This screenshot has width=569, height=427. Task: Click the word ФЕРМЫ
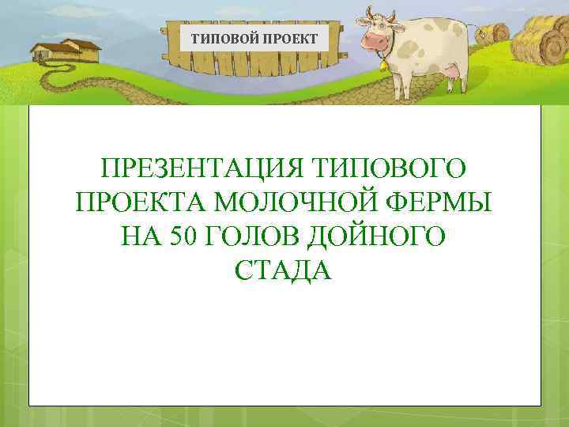click(439, 202)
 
